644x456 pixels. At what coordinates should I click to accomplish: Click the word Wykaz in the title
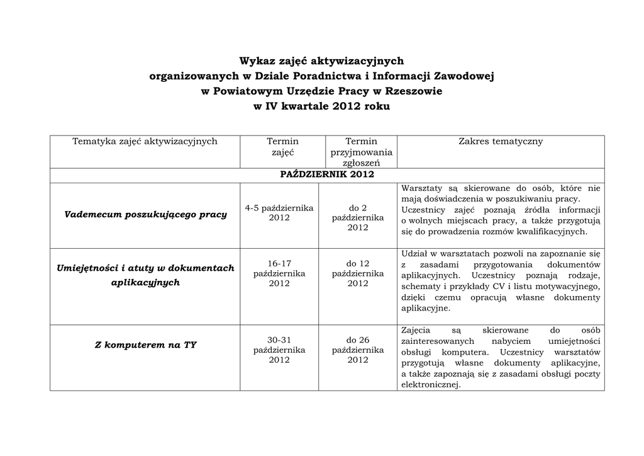point(258,61)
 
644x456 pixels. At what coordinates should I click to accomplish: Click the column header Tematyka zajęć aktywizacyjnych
point(145,142)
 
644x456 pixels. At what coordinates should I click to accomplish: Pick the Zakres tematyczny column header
point(501,142)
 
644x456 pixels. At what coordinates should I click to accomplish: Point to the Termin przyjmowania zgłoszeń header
point(361,152)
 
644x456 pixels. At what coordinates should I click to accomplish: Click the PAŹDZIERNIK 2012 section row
point(327,174)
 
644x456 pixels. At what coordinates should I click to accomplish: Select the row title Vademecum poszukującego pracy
point(145,215)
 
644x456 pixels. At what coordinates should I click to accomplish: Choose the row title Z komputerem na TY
point(145,345)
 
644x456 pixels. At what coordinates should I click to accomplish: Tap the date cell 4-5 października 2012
point(279,213)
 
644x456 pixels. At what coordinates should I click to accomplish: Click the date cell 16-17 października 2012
point(279,273)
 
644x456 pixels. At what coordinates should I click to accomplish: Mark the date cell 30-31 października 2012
point(279,350)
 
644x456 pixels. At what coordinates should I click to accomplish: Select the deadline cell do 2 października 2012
point(358,217)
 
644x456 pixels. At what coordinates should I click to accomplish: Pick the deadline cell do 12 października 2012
point(358,273)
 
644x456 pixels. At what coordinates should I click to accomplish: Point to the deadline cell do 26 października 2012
point(358,350)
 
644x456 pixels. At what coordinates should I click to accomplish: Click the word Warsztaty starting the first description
point(422,188)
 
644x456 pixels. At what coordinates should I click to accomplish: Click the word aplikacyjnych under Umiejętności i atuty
point(145,283)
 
